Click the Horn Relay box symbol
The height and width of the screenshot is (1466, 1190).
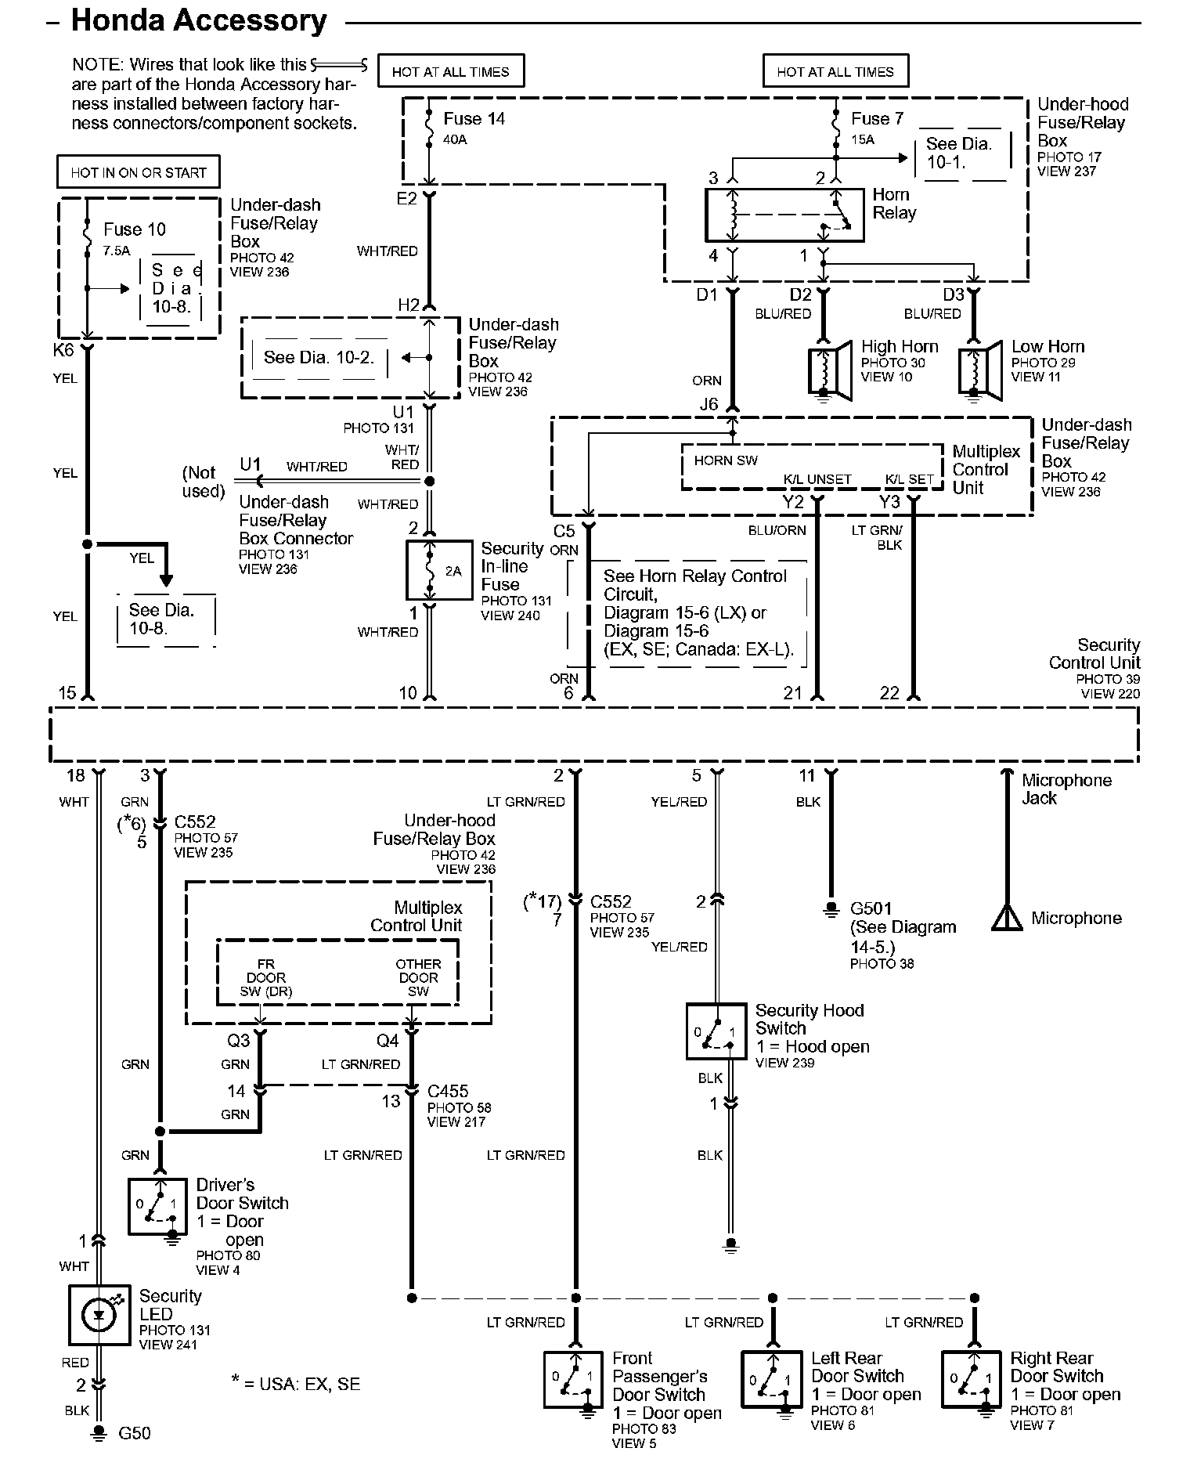pos(784,214)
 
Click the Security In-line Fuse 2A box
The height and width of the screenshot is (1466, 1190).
pos(439,570)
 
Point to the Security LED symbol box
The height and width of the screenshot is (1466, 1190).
pos(99,1315)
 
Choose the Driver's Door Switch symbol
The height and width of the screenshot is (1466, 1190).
pos(158,1207)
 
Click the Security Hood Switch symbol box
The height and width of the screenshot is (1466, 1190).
pos(716,1031)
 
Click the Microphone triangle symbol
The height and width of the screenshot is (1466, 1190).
pos(1006,918)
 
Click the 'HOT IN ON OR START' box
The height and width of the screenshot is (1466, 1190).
pos(139,172)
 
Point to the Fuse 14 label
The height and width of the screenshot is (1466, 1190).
pos(474,119)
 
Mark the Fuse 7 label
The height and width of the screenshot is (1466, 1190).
pos(878,119)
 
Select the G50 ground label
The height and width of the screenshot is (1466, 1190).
pos(135,1434)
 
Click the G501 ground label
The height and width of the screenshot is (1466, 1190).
pos(871,909)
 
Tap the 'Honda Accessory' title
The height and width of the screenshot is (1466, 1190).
pos(199,21)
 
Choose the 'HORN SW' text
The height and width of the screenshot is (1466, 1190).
pos(726,460)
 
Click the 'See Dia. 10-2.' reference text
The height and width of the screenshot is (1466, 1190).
pos(319,358)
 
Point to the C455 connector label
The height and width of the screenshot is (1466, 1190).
pos(448,1091)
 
